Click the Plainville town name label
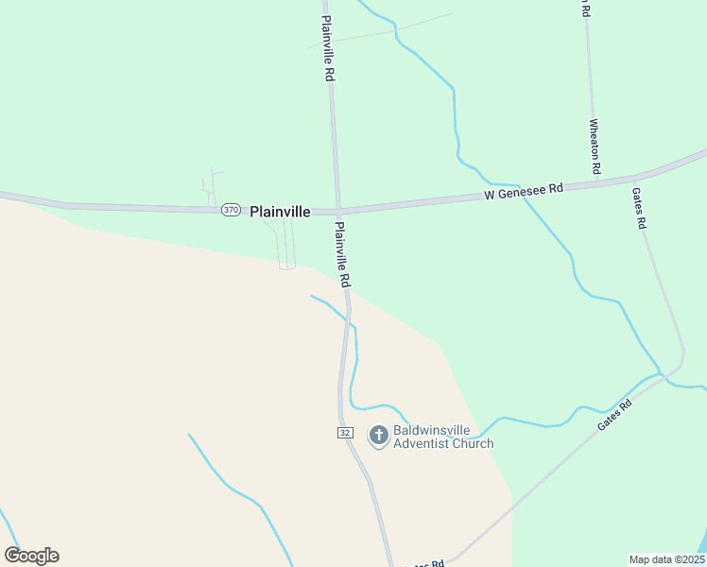pyautogui.click(x=280, y=212)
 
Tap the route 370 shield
pyautogui.click(x=232, y=211)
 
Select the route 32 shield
pyautogui.click(x=345, y=432)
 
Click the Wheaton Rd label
pyautogui.click(x=595, y=146)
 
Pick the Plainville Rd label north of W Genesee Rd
pyautogui.click(x=327, y=48)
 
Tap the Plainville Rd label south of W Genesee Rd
pyautogui.click(x=342, y=254)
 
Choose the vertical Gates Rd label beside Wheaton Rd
pyautogui.click(x=639, y=207)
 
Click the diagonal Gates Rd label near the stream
pyautogui.click(x=614, y=414)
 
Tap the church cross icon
pyautogui.click(x=378, y=436)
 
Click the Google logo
pyautogui.click(x=31, y=556)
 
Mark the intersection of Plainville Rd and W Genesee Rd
pyautogui.click(x=336, y=210)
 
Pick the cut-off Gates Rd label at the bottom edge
pyautogui.click(x=425, y=564)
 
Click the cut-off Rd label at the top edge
pyautogui.click(x=585, y=9)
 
